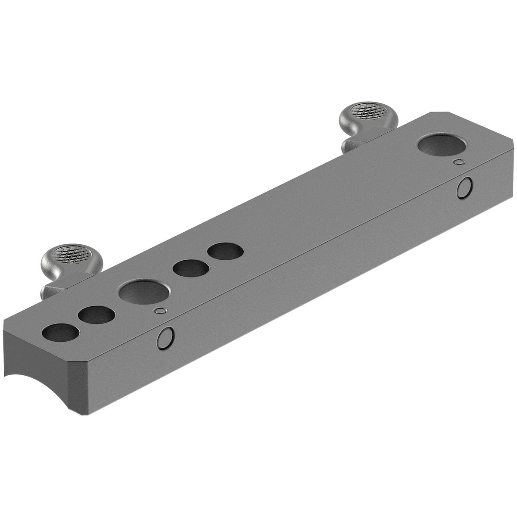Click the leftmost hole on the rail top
pos(61,333)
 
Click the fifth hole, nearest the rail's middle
pos(225,252)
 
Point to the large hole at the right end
pos(444,145)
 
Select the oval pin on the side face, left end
pos(165,337)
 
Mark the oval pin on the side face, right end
pos(464,188)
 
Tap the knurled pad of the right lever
pos(366,111)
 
